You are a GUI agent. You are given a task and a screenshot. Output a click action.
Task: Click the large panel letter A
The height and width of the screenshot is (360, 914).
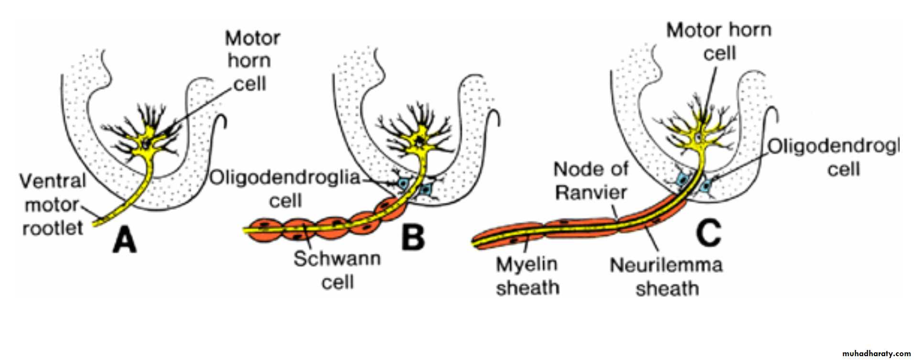tap(124, 240)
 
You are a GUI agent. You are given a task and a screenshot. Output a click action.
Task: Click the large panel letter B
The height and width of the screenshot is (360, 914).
tap(413, 238)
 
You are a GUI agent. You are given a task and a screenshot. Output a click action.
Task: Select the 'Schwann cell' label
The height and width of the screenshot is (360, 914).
tap(337, 270)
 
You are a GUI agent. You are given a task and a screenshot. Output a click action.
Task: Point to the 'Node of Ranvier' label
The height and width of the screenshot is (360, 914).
tap(590, 181)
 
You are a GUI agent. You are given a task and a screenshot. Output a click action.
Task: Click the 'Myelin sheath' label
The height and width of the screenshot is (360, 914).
tap(527, 276)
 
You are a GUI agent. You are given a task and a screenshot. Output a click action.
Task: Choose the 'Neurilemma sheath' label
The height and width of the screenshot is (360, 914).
tap(666, 276)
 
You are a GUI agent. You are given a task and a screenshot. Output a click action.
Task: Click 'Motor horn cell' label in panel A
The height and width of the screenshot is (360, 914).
tap(252, 61)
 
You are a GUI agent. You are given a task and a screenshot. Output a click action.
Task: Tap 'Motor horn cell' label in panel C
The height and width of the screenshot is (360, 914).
tap(719, 42)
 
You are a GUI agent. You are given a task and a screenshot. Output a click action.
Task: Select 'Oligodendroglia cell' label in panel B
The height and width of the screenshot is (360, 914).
tap(285, 188)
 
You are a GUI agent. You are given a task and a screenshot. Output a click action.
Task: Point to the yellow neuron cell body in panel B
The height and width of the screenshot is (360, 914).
tap(420, 140)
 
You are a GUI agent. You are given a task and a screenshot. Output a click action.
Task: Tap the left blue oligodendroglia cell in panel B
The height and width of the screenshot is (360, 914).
tap(404, 183)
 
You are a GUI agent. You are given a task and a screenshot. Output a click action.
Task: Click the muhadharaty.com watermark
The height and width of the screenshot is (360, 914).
tap(876, 354)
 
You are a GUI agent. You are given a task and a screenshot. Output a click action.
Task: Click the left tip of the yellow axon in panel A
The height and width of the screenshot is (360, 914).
tap(95, 223)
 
